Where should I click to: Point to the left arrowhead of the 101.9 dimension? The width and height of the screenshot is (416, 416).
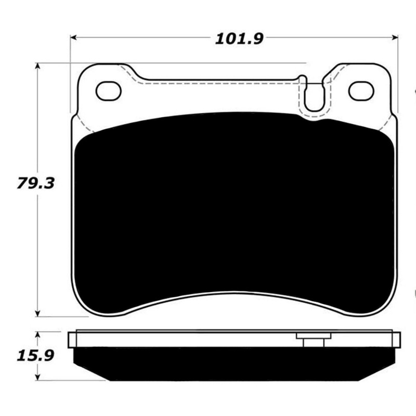coord(74,38)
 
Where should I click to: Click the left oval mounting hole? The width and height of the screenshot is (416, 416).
coord(109,91)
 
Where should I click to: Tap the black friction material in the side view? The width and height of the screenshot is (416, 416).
coord(234,363)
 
